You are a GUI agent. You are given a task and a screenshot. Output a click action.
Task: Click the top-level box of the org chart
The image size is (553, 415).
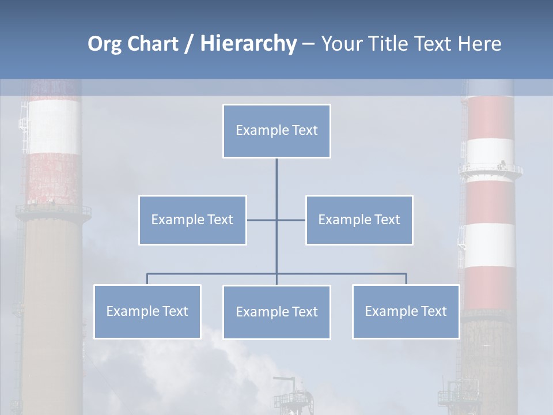(x=276, y=131)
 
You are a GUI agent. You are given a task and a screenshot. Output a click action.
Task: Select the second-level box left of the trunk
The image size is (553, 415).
(x=192, y=220)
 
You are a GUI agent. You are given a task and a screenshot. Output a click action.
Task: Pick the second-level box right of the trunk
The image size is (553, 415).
(x=359, y=220)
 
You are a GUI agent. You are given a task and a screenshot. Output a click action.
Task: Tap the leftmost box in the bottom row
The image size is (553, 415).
(x=147, y=312)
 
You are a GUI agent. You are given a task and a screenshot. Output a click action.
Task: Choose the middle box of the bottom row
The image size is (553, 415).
(x=276, y=312)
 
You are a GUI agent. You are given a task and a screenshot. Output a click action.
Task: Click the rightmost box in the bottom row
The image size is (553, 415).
(x=406, y=312)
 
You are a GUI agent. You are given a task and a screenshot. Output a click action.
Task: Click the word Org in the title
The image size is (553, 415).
(x=104, y=44)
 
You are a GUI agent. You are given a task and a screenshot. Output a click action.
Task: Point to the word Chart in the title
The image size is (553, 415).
(x=151, y=44)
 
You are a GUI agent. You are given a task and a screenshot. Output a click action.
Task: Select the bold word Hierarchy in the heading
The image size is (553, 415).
(x=248, y=44)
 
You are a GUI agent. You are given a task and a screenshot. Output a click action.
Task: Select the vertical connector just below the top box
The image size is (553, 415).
(x=276, y=179)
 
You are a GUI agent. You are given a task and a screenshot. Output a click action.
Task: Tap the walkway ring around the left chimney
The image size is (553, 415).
(x=53, y=210)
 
